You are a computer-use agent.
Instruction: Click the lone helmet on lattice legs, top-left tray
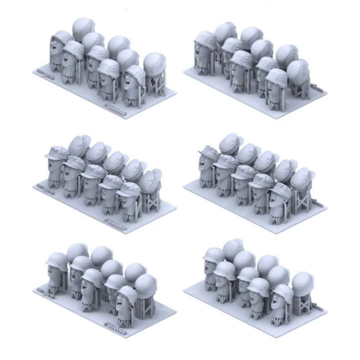155,64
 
